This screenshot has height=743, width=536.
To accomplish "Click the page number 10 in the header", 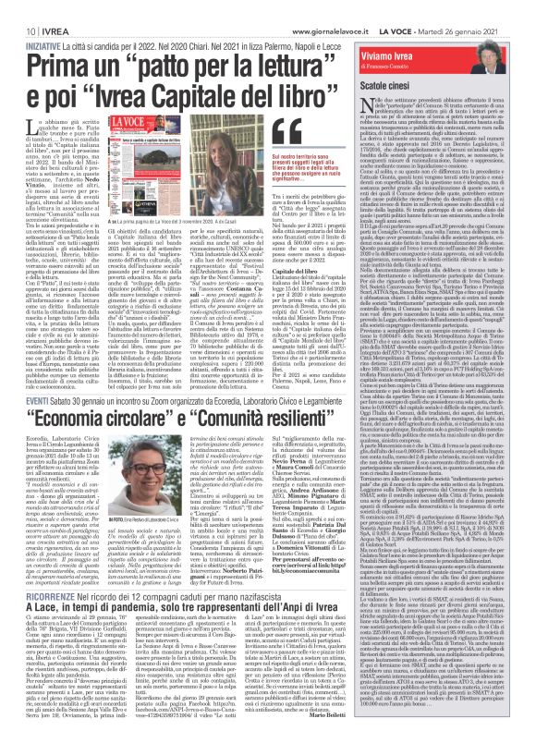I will click(x=18, y=8).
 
